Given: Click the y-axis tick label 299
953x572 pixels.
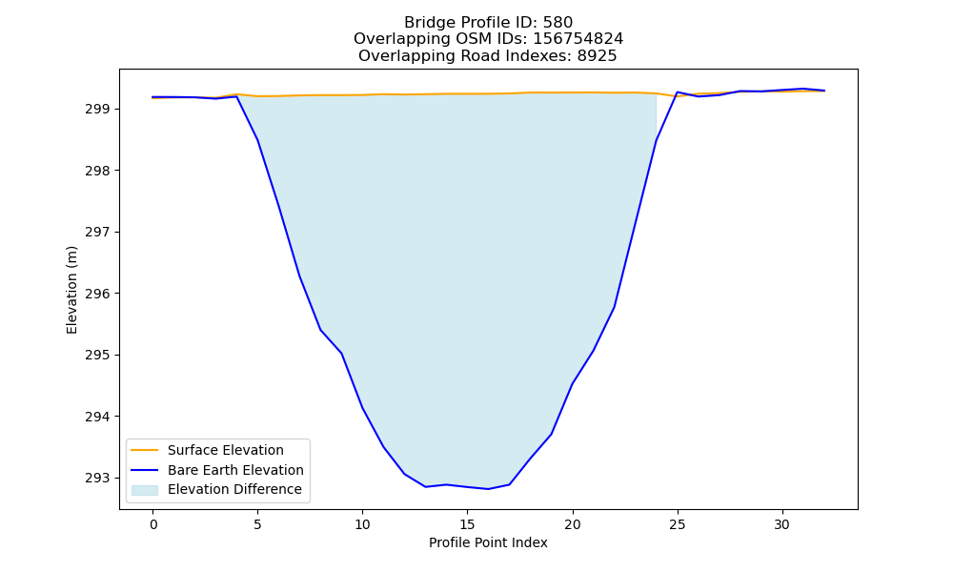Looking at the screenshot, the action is pos(97,110).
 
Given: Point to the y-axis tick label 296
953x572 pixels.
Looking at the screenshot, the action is pos(97,294).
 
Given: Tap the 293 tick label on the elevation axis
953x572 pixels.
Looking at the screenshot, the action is pos(97,478).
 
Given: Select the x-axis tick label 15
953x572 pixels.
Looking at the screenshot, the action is pos(467,524).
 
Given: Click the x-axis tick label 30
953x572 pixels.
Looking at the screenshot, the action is pos(781,524).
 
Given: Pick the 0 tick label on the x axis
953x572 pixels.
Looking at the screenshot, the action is pos(153,524).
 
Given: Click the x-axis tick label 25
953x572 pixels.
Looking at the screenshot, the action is pos(677,524).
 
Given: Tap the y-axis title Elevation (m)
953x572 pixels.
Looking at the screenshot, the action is pos(71,290).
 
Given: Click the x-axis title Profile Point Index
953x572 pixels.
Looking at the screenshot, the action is pos(488,542).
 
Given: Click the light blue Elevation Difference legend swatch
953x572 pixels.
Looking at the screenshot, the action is pos(145,490).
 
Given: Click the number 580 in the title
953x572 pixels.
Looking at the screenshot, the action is pos(558,23).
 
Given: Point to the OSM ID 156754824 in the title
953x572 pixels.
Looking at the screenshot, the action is pos(578,39).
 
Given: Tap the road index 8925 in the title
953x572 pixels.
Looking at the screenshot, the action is pos(597,56).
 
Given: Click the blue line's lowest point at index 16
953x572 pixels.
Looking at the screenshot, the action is pos(488,489).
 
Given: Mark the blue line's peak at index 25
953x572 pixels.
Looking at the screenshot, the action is pos(677,92).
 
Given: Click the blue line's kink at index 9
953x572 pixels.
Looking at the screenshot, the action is pos(341,353).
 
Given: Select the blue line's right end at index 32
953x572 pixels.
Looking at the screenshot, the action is pos(824,91).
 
